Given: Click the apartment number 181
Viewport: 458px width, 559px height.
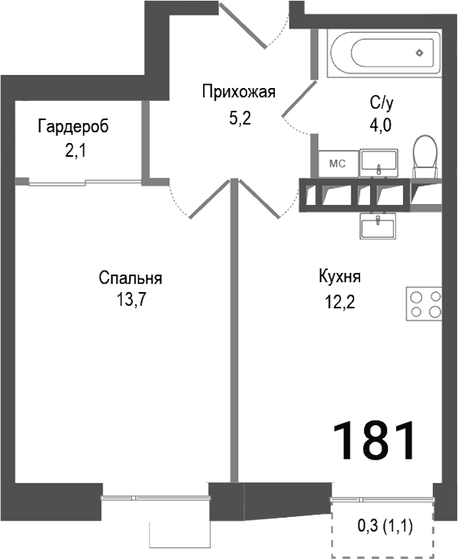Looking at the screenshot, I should pyautogui.click(x=375, y=439).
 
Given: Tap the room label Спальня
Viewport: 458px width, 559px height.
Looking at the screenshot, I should pyautogui.click(x=131, y=278).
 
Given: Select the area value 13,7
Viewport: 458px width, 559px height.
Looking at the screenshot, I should pyautogui.click(x=131, y=299).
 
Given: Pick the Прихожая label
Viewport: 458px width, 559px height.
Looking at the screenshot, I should pyautogui.click(x=237, y=93).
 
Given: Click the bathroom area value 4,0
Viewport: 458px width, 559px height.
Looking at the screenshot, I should pyautogui.click(x=381, y=125).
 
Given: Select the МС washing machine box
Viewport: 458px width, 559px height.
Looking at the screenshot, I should pyautogui.click(x=337, y=163).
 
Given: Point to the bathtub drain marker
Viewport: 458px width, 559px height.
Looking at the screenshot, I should pyautogui.click(x=419, y=52).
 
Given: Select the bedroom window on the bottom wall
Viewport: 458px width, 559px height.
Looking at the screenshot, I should pyautogui.click(x=156, y=498).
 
